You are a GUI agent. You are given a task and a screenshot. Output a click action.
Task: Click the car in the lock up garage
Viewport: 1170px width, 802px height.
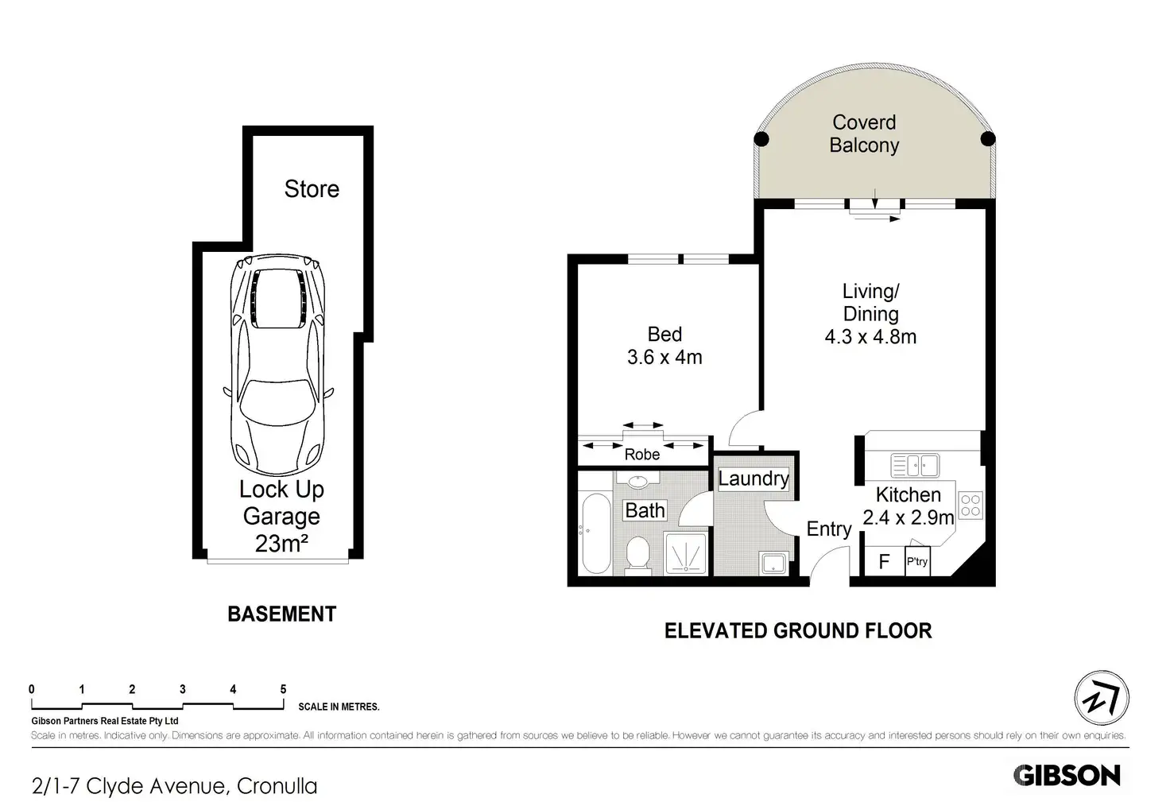point(278,365)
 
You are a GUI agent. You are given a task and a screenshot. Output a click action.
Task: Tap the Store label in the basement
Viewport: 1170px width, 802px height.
point(312,189)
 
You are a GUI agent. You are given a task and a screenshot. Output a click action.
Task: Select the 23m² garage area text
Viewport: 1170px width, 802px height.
point(281,544)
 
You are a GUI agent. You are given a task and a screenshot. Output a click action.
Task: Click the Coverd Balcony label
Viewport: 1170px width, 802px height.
point(865,134)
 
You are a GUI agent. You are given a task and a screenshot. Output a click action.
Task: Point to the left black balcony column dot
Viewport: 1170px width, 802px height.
point(761,139)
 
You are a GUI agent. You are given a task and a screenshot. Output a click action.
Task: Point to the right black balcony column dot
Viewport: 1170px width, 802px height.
point(988,138)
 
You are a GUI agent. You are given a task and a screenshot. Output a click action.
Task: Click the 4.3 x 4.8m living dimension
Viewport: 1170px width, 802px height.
point(870,337)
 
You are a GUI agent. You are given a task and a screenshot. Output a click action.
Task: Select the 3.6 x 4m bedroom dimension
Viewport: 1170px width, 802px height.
point(664,358)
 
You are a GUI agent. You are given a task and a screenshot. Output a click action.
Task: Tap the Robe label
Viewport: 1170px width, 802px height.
point(642,455)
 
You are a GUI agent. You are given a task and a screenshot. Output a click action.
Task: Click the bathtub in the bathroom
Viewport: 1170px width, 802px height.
point(596,533)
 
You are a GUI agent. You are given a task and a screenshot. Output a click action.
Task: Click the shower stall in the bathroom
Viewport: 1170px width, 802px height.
point(685,553)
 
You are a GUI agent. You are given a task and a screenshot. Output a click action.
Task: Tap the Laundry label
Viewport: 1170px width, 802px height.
point(754,478)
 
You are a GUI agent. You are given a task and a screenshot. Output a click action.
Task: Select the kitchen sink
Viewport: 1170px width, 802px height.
point(915,465)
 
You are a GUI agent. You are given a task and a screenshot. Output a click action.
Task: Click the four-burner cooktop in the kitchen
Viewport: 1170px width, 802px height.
point(970,506)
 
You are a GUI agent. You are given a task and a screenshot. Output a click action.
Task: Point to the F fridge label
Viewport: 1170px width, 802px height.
point(884,562)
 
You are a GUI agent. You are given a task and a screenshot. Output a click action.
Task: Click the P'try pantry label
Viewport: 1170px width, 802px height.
point(917,562)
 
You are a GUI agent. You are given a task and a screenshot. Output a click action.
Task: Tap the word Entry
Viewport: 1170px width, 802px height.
point(829,529)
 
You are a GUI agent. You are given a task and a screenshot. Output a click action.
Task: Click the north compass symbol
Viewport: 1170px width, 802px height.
point(1102,698)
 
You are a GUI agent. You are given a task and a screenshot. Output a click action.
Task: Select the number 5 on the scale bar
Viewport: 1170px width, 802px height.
point(283,690)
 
